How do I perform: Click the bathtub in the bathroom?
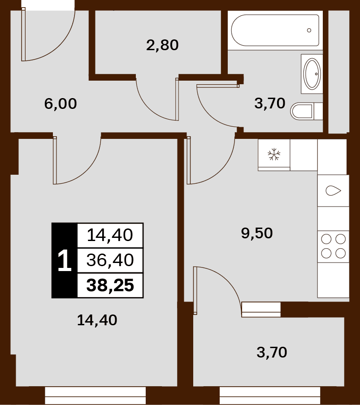click(x=275, y=30)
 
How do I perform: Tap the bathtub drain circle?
click(x=309, y=30)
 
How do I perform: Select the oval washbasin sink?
click(x=312, y=73)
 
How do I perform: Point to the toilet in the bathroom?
click(x=307, y=111)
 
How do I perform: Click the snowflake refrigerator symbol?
click(x=274, y=154)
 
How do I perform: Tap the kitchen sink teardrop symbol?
click(x=333, y=191)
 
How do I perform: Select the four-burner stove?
click(x=334, y=246)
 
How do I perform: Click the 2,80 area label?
click(x=162, y=45)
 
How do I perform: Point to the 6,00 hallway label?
click(x=61, y=103)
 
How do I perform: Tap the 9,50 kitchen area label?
click(x=257, y=233)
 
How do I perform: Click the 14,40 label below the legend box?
click(x=97, y=320)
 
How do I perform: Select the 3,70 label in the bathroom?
click(x=270, y=103)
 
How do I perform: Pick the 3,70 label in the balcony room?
click(x=272, y=352)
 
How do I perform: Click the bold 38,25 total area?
click(x=110, y=285)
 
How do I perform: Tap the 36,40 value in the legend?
click(x=110, y=260)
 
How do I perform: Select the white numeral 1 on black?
click(x=65, y=260)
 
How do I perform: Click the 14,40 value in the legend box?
click(x=110, y=235)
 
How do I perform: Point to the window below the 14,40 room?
click(x=95, y=396)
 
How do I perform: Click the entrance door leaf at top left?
click(x=23, y=34)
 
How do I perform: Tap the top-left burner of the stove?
click(x=326, y=239)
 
